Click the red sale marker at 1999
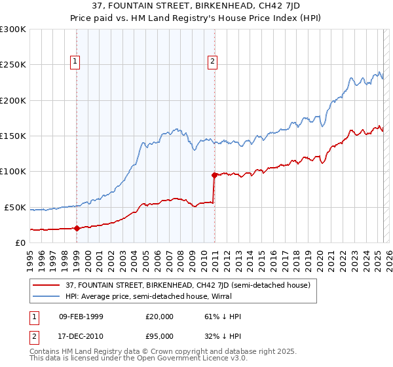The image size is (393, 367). coord(77,228)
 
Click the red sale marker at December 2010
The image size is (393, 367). coord(214,175)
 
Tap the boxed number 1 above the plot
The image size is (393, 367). coord(76,62)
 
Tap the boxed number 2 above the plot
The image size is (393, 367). coord(214,62)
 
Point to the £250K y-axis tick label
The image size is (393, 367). coord(13,65)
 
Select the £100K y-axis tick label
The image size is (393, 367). coord(13,172)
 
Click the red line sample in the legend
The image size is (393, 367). coord(48,284)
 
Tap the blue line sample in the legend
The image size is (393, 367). coord(48,296)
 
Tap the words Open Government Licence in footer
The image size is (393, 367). coord(179,359)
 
